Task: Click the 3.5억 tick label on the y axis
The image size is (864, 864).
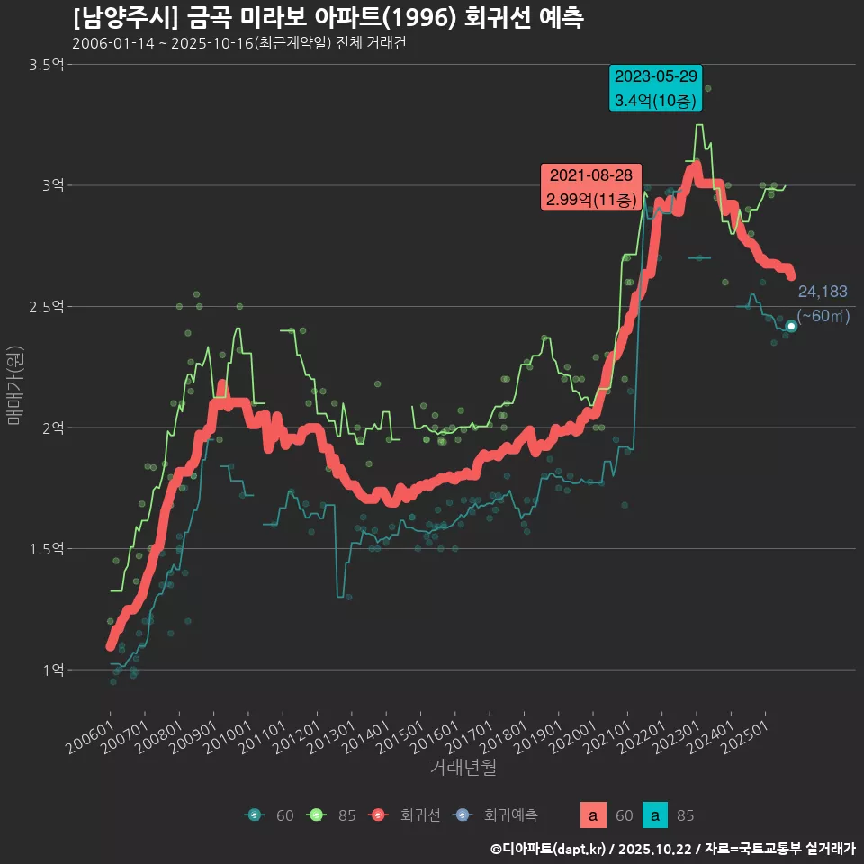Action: click(x=47, y=64)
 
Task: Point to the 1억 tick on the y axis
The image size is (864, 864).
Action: click(x=53, y=670)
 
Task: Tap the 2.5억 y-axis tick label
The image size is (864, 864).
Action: click(x=47, y=306)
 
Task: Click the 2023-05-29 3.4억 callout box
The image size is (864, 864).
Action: click(x=655, y=88)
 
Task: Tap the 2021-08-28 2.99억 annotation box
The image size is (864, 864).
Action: click(x=590, y=187)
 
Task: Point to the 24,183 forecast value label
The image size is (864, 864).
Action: click(x=823, y=292)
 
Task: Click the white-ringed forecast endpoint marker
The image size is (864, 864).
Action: click(x=791, y=326)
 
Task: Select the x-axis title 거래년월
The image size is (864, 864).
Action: click(x=463, y=767)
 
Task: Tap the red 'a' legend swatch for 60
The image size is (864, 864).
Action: click(x=591, y=815)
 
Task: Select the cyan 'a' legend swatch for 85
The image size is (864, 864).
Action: click(x=658, y=815)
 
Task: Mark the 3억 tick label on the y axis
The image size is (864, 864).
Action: click(x=53, y=184)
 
